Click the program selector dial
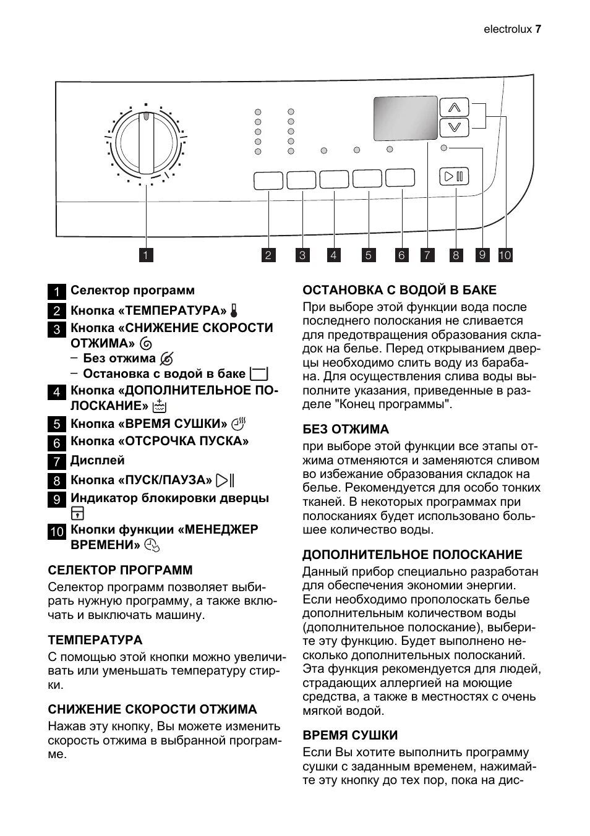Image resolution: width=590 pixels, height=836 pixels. [146, 144]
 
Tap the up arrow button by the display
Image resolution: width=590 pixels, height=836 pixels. [455, 108]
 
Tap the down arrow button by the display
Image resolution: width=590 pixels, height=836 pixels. [455, 127]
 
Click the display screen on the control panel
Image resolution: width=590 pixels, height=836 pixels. [405, 118]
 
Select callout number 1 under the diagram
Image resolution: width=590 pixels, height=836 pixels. [146, 255]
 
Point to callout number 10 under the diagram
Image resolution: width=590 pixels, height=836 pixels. [505, 255]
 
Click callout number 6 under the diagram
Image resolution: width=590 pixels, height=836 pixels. [401, 255]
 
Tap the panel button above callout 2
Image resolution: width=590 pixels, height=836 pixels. [268, 181]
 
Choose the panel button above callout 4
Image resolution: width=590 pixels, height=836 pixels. [334, 179]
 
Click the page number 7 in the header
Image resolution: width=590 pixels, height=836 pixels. [538, 29]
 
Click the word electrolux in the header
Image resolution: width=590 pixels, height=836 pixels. [507, 29]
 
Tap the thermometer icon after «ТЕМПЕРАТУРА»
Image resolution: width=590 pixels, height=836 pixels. [234, 310]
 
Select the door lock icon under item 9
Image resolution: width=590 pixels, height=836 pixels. [77, 513]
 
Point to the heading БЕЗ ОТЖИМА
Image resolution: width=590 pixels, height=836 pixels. [346, 429]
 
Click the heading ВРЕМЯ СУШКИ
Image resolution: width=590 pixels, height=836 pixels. [350, 735]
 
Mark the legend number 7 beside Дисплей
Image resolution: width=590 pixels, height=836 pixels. [56, 461]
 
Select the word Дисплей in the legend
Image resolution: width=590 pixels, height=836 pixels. [98, 460]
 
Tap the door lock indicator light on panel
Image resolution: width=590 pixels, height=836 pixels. [443, 148]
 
